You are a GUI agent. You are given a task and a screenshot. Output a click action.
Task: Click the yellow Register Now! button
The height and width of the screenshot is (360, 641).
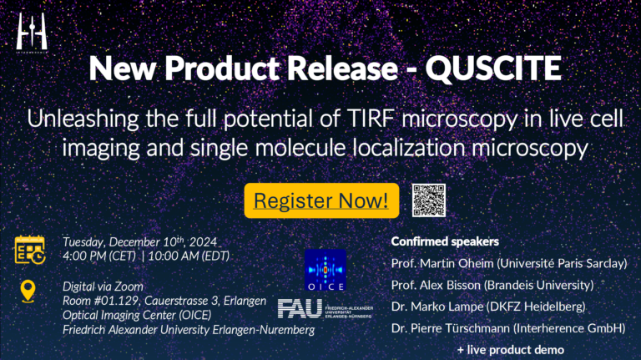[x=321, y=200]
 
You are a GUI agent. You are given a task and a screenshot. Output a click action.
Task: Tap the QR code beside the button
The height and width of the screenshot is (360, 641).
[x=429, y=200]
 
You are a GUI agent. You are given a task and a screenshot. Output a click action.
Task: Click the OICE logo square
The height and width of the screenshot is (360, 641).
[x=326, y=269]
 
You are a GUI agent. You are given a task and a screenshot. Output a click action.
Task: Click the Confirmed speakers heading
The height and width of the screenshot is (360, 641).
[x=444, y=242]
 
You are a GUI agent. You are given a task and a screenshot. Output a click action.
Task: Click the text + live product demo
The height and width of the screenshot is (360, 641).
[x=510, y=349]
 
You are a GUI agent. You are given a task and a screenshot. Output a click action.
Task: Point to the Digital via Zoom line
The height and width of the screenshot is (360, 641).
[x=103, y=286]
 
